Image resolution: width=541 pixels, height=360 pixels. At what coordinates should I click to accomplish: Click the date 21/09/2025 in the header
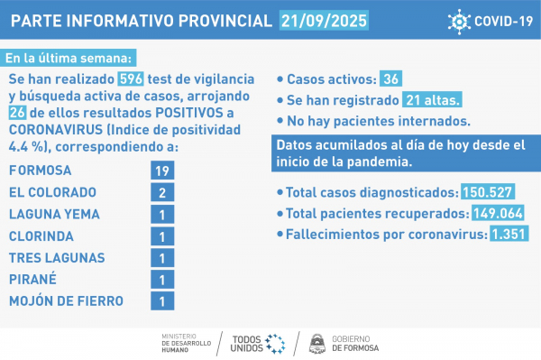point(326,21)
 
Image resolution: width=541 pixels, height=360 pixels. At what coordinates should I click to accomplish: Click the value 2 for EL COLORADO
point(161,193)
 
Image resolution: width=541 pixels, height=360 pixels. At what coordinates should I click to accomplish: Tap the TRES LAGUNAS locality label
point(56,258)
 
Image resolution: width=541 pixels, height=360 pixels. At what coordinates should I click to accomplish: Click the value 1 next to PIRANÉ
point(161,280)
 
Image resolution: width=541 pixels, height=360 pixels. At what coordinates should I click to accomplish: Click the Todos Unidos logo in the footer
point(258,343)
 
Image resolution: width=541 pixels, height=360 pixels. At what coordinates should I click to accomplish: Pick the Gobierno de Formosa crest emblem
point(316,343)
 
